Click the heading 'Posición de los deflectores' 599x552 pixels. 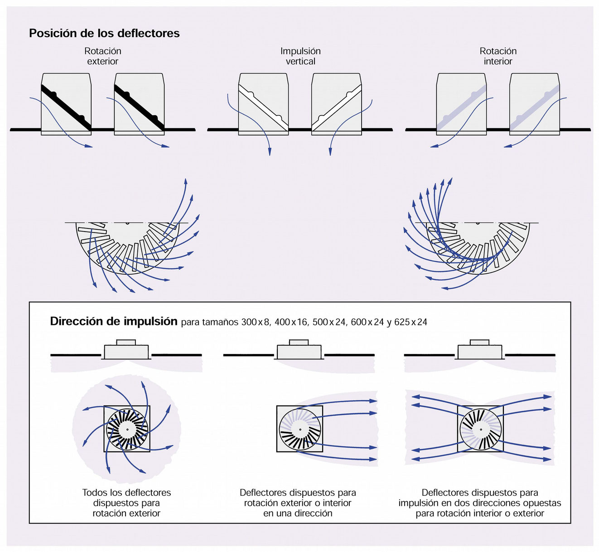pos(104,33)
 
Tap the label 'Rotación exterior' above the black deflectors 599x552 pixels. pos(103,56)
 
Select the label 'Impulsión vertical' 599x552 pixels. pos(300,56)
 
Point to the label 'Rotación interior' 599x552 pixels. pos(498,56)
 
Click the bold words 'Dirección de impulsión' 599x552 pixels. pos(113,321)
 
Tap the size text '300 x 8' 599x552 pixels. pos(256,322)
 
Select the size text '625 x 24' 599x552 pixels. pos(411,322)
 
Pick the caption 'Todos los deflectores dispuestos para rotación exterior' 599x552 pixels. pos(126,503)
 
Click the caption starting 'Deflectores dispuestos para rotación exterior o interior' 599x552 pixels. pos(298,503)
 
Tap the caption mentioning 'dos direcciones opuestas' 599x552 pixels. pos(480,503)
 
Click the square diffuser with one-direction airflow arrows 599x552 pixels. pos(299,429)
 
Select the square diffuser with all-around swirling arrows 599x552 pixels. pos(127,429)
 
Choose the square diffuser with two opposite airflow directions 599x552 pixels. pos(480,429)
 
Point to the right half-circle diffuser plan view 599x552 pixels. pos(478,247)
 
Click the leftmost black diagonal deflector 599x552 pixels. pos(66,107)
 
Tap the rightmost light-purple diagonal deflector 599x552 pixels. pos(535,107)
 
